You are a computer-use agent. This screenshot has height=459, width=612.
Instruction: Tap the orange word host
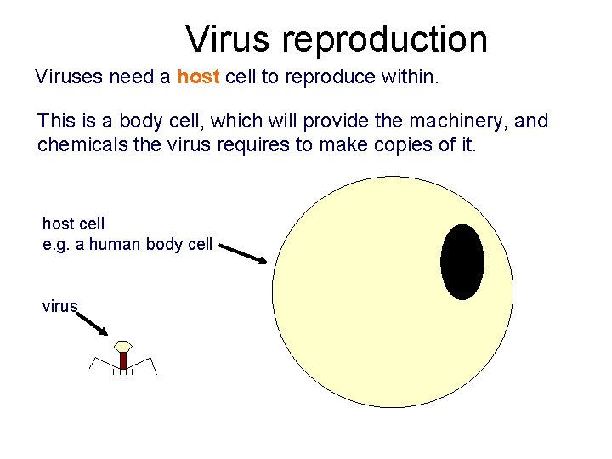pos(198,77)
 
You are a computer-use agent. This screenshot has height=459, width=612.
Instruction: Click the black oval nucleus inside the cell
pos(462,262)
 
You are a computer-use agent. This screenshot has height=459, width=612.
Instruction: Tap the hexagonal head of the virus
pos(123,346)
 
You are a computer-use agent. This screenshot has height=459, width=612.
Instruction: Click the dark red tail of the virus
pos(123,360)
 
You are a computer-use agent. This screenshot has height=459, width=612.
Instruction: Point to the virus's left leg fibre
pos(96,365)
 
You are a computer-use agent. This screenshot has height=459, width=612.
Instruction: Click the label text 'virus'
pos(59,306)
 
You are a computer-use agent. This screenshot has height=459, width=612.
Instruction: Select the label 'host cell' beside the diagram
pos(73,224)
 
